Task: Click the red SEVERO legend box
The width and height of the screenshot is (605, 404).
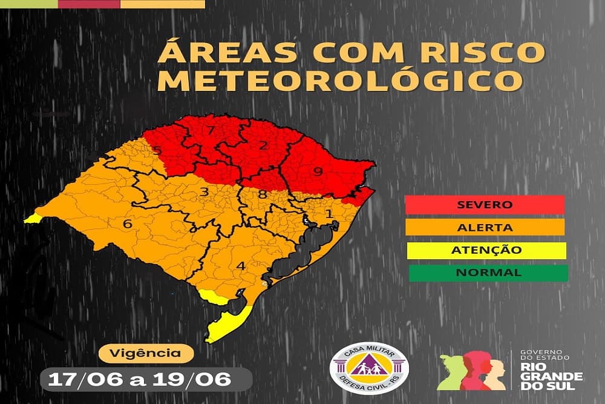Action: click(486, 204)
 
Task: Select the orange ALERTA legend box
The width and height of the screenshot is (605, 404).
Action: click(486, 227)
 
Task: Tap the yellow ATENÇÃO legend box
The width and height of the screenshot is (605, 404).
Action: click(487, 250)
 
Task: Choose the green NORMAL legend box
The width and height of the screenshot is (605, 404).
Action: click(488, 273)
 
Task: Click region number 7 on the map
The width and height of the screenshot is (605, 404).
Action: click(210, 130)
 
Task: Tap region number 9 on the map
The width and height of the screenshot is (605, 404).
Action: click(316, 171)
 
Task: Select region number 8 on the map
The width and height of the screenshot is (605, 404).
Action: click(262, 194)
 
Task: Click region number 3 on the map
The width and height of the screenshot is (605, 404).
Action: click(204, 193)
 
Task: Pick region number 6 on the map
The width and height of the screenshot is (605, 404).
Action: click(127, 224)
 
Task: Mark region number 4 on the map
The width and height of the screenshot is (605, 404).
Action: click(240, 266)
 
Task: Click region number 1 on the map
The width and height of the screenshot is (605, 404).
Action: click(329, 213)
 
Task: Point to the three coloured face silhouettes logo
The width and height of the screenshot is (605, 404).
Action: click(471, 371)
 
